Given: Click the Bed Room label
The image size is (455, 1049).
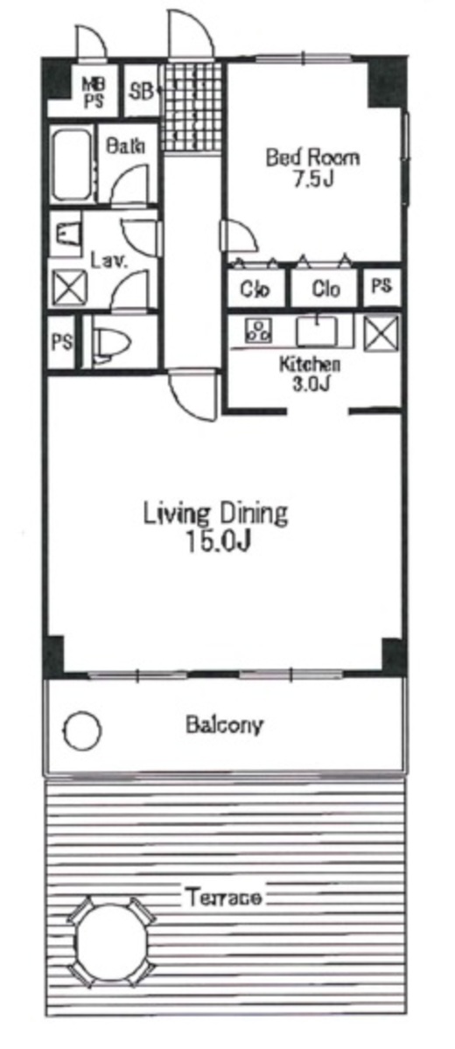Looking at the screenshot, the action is (x=312, y=157).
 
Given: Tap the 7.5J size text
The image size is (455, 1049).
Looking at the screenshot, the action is (x=313, y=179).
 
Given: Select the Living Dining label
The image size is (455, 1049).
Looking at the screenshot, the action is (x=215, y=514).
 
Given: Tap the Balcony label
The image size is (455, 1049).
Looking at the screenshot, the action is (x=225, y=724).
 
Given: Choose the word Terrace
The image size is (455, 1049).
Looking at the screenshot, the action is (x=222, y=897).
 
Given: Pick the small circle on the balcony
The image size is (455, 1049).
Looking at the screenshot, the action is (x=82, y=730).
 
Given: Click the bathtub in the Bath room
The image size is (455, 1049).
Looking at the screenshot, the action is (x=72, y=164).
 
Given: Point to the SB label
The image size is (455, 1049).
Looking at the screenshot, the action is (x=141, y=91).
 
